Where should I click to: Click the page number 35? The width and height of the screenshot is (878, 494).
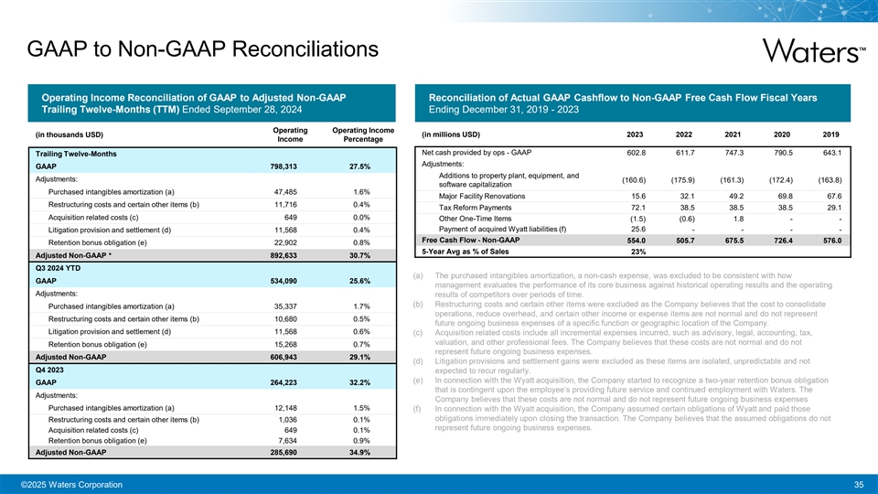[x=858, y=484]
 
